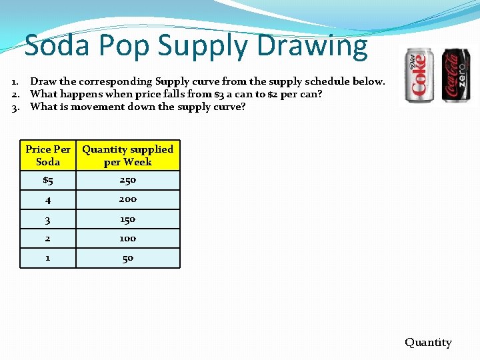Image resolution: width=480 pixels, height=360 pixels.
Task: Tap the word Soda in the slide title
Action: [57, 45]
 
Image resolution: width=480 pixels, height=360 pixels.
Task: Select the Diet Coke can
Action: [419, 75]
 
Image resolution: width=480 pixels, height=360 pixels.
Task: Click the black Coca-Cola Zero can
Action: [456, 75]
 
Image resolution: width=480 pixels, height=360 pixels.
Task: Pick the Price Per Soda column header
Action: [48, 155]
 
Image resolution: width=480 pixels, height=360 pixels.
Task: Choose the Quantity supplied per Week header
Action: [127, 155]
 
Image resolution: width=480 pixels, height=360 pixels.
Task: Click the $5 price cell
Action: [48, 180]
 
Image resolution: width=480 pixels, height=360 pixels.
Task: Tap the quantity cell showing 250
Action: [127, 180]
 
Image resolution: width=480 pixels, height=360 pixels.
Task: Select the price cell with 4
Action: [48, 199]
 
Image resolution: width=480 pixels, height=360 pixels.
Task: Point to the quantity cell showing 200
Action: [127, 199]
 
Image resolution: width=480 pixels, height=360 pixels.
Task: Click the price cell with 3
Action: [48, 219]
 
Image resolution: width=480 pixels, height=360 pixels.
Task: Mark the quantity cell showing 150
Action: [127, 219]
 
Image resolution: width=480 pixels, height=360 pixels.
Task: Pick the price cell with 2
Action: [48, 239]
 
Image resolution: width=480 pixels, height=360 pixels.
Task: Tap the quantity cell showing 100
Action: [127, 239]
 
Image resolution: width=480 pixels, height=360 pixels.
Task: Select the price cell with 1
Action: [48, 257]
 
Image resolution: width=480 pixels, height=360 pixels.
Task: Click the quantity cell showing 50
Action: [127, 258]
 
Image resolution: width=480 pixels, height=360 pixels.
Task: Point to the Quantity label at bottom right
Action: [428, 342]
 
